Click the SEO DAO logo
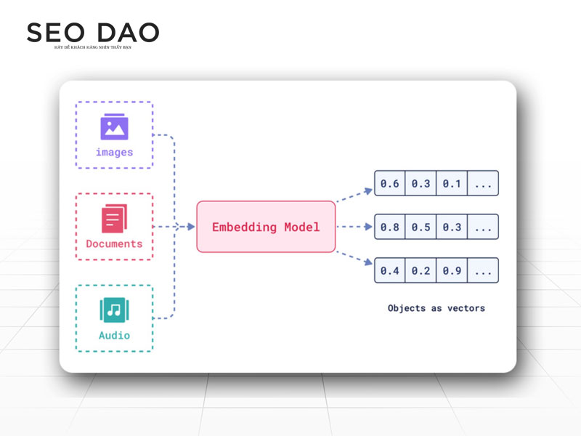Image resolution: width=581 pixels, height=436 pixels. click(92, 33)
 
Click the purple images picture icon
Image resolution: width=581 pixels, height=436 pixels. click(114, 128)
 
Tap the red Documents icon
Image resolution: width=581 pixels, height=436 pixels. click(114, 219)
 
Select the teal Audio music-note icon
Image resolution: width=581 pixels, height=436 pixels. click(114, 310)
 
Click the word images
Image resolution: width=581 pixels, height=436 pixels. click(114, 153)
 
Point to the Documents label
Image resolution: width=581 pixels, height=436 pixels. click(114, 244)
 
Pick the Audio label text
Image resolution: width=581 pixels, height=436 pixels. click(114, 336)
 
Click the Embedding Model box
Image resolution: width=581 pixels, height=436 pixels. click(266, 227)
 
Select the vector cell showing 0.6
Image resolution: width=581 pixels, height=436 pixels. click(390, 183)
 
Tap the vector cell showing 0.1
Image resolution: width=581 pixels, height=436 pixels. click(452, 183)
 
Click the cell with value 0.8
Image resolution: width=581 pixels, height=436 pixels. click(390, 227)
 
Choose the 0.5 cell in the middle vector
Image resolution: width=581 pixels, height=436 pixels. click(421, 227)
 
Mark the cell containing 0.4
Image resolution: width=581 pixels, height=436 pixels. click(390, 270)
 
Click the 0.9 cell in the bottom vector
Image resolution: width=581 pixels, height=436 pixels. click(452, 270)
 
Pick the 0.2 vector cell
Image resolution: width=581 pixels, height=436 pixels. click(421, 270)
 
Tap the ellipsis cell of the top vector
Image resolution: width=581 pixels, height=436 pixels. click(483, 183)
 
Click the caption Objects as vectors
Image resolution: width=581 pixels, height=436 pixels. click(436, 308)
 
